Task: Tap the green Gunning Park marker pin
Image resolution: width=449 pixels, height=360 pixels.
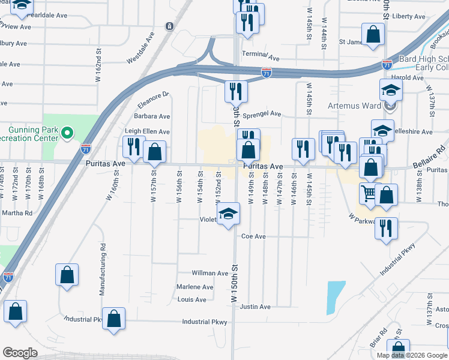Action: click(x=67, y=131)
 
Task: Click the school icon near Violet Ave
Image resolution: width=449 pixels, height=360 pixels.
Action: click(x=228, y=214)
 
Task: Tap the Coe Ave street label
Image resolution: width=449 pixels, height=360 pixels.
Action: click(x=253, y=236)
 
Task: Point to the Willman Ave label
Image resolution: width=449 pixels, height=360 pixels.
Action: click(x=210, y=273)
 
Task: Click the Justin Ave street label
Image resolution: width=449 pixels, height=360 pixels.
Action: click(x=255, y=307)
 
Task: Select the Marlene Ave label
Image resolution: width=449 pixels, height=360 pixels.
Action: click(x=195, y=287)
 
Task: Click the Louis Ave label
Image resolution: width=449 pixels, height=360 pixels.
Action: click(x=192, y=299)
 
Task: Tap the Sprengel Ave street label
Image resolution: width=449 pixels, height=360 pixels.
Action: click(x=262, y=113)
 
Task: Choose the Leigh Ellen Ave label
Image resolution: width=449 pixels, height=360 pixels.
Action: click(x=147, y=131)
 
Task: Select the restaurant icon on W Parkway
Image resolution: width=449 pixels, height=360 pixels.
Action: click(x=387, y=228)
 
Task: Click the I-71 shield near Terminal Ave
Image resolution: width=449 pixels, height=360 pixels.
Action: click(x=267, y=73)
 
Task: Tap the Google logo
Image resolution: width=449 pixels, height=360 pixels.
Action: click(x=20, y=353)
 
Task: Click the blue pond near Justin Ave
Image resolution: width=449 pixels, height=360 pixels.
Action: click(x=336, y=297)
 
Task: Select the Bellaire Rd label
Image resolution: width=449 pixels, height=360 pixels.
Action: click(x=430, y=157)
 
